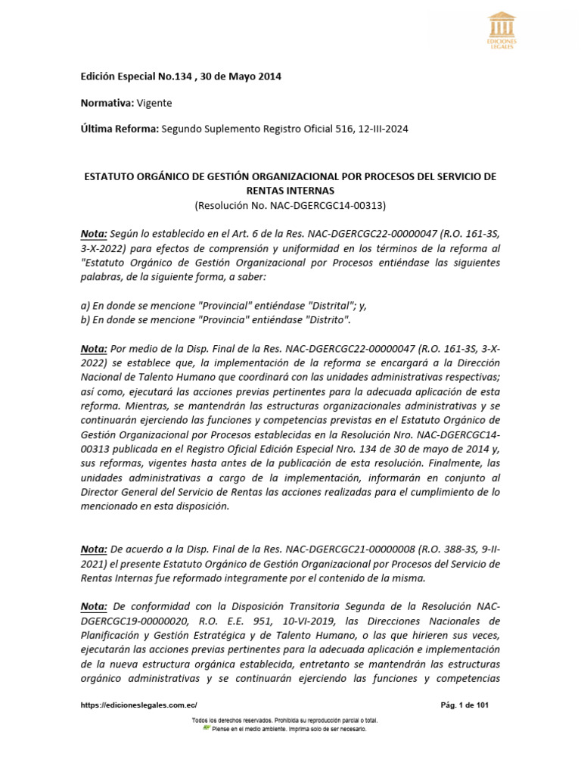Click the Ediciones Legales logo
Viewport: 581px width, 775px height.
click(x=502, y=30)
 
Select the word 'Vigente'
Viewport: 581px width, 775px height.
click(x=154, y=103)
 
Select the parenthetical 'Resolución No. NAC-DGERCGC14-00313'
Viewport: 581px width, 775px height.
click(x=290, y=205)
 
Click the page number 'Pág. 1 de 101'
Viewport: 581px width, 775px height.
click(x=465, y=705)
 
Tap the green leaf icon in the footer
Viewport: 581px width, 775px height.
click(x=206, y=728)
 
